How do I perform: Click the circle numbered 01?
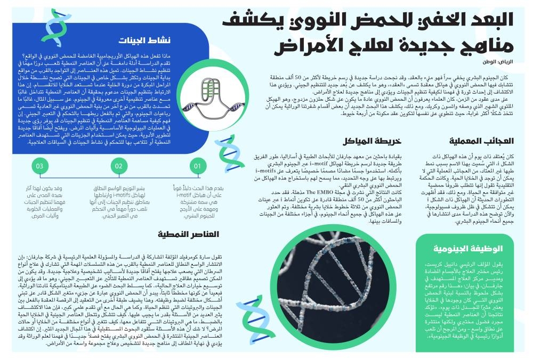pos(197,167)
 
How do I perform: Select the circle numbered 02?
pos(119,167)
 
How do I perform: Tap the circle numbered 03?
pos(40,167)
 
